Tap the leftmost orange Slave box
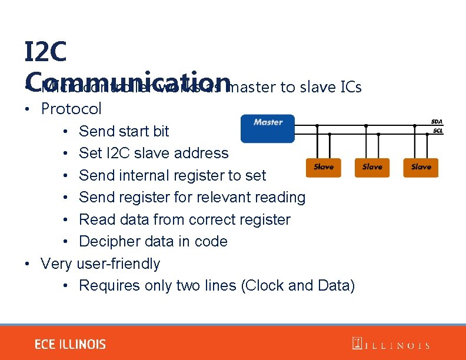[324, 168]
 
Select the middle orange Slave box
[372, 168]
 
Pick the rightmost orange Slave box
[421, 168]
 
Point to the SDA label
[437, 122]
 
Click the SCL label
[437, 130]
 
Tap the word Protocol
[71, 109]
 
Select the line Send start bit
[124, 131]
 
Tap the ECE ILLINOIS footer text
[70, 345]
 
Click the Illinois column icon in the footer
[357, 344]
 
